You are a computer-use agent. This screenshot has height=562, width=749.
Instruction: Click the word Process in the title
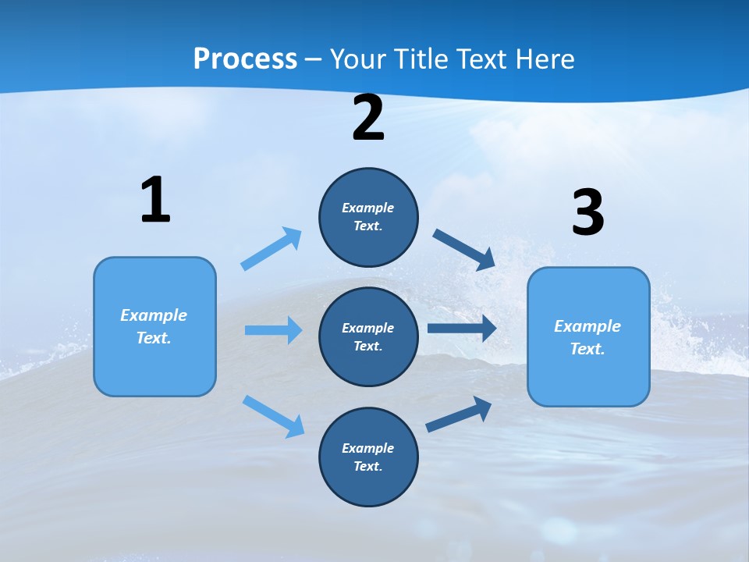click(245, 59)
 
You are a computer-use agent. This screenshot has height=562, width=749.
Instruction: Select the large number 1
click(155, 201)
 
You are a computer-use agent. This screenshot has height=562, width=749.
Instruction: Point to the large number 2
click(368, 118)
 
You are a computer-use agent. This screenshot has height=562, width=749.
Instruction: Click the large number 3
click(587, 213)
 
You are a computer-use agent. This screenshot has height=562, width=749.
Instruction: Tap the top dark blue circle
click(368, 217)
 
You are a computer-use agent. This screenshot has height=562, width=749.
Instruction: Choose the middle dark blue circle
click(368, 336)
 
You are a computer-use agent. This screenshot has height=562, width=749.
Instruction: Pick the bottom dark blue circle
click(368, 457)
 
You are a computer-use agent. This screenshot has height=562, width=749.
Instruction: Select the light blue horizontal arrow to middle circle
click(273, 330)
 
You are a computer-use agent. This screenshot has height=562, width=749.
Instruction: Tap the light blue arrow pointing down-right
click(273, 415)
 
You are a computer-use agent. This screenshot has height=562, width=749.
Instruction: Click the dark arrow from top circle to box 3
click(464, 250)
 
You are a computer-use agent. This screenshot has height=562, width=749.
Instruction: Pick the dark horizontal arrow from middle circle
click(462, 329)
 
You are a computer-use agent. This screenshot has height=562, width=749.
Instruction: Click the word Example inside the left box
click(154, 315)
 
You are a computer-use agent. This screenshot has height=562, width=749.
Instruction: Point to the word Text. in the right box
click(587, 349)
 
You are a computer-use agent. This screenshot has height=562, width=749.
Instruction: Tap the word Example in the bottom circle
click(367, 448)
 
